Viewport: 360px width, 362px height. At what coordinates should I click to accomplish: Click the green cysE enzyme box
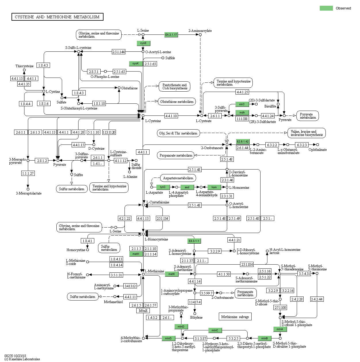click(x=143, y=43)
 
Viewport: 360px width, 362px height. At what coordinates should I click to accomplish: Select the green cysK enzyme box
click(x=135, y=63)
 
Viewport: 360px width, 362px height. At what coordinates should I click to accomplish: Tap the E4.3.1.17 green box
click(x=171, y=35)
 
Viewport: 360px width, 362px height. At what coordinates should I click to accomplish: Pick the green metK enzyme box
click(x=172, y=274)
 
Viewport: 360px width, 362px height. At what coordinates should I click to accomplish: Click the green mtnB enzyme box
click(x=265, y=338)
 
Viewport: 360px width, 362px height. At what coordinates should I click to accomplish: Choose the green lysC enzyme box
click(x=163, y=187)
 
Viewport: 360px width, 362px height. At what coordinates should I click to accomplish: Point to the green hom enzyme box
click(x=214, y=187)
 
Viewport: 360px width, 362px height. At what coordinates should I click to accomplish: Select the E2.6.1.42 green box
click(x=243, y=142)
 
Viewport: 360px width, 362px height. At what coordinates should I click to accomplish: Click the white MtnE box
click(x=143, y=311)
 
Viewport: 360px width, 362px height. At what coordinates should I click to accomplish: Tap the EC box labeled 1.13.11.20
click(x=109, y=132)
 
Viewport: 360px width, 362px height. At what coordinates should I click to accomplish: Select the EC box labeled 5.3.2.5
click(x=233, y=338)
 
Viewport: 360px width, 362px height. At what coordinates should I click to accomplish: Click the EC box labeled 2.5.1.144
click(x=118, y=52)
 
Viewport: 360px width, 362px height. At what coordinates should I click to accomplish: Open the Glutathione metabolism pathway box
click(x=177, y=102)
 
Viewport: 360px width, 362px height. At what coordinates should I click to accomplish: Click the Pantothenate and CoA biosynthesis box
click(x=175, y=86)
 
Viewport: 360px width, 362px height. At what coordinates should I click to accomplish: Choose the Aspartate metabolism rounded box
click(x=178, y=178)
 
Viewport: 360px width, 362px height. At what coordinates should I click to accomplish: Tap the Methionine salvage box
click(x=235, y=317)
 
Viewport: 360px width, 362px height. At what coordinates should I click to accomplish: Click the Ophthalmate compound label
click(x=317, y=150)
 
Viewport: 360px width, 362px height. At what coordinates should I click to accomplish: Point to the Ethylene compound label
click(x=196, y=317)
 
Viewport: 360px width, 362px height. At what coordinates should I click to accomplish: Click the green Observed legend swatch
click(x=326, y=8)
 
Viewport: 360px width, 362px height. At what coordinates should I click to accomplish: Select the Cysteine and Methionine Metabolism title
click(x=57, y=17)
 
